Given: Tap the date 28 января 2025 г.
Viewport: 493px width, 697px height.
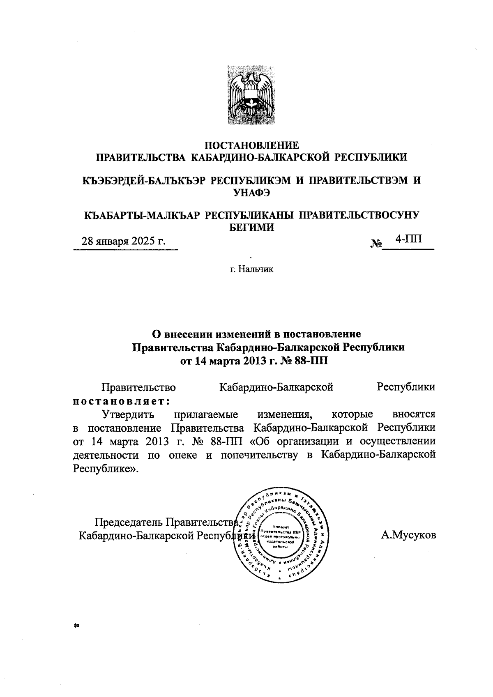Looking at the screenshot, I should (124, 241).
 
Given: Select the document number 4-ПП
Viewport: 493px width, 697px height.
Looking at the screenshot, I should (408, 239).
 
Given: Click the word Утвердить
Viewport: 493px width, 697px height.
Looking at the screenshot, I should (128, 414).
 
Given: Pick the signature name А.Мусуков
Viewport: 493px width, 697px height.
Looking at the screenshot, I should (408, 535).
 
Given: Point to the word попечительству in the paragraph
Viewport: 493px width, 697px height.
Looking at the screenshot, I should (259, 455).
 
